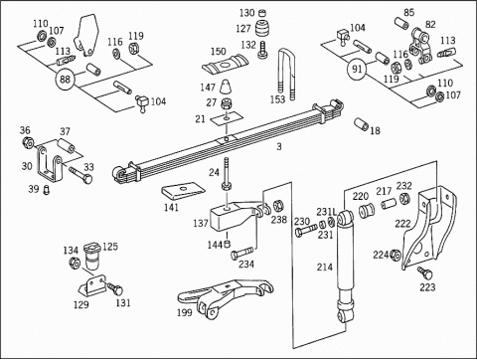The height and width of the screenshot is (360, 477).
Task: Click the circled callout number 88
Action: (65, 80)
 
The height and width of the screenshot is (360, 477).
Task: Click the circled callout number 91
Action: (357, 70)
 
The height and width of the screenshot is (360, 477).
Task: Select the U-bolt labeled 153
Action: (287, 75)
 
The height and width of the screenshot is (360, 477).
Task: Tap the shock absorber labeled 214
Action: (346, 266)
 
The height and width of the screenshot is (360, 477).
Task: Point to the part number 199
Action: (184, 312)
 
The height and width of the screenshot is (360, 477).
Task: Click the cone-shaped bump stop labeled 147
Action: (228, 87)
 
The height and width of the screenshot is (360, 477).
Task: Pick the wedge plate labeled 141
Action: (183, 193)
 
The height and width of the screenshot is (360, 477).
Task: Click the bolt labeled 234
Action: (241, 254)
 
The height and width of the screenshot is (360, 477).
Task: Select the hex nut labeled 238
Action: (278, 206)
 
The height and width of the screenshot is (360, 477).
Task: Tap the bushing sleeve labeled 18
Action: (361, 124)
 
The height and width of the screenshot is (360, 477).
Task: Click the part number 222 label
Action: (402, 224)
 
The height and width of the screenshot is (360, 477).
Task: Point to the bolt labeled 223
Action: (425, 272)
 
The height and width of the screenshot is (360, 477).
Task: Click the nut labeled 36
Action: (28, 142)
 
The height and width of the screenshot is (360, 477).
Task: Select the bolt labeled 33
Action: (80, 175)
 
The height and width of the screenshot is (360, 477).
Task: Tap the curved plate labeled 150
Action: (226, 65)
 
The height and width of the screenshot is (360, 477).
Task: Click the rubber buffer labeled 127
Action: (262, 29)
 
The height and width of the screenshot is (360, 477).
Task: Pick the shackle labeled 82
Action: (420, 47)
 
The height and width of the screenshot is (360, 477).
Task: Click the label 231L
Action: (326, 212)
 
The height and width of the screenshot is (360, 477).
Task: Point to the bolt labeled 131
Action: (114, 288)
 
